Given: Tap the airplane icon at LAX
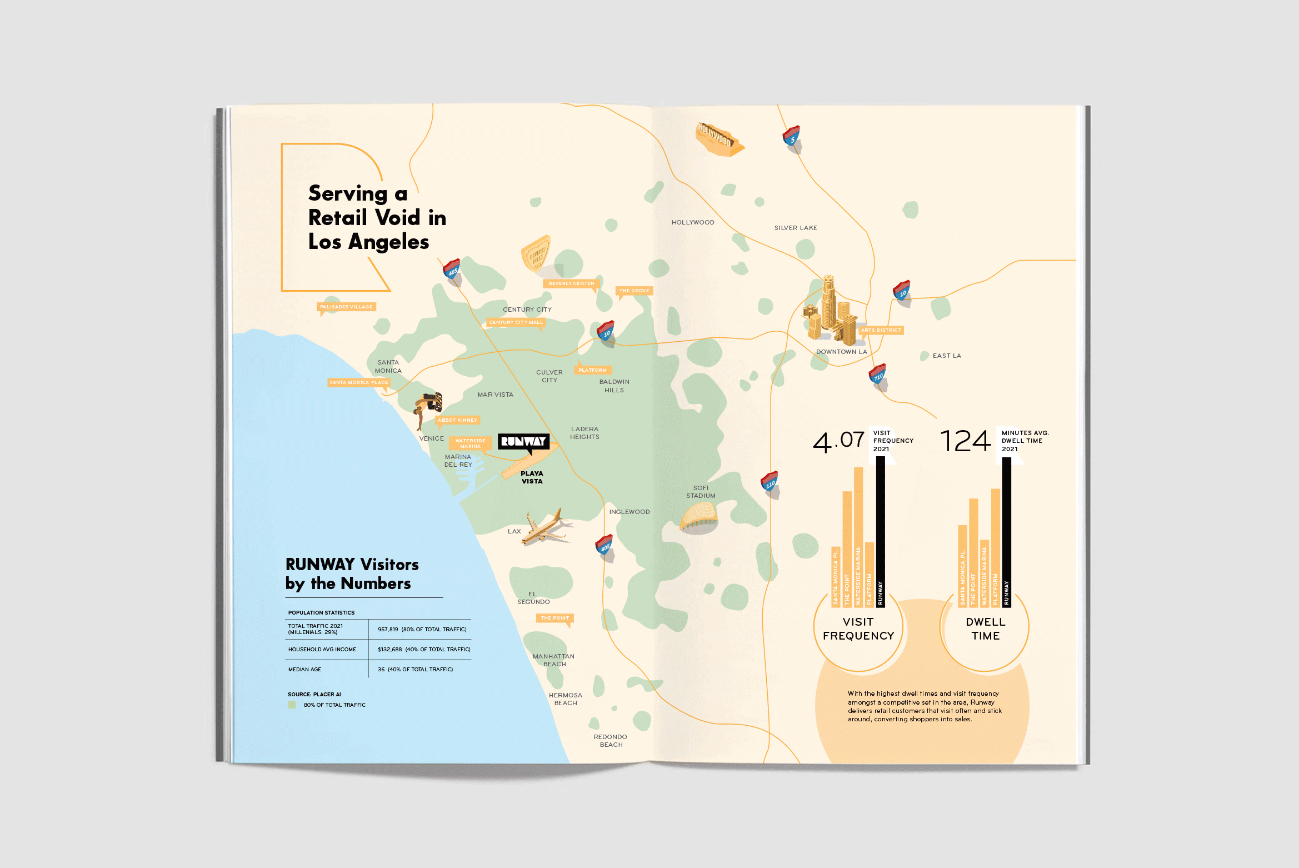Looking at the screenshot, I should point(546,527).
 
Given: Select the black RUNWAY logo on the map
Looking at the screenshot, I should point(523,442).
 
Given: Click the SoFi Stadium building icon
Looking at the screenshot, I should point(700,517).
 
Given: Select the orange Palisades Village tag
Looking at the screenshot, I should point(347,307).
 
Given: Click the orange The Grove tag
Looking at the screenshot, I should point(634,291).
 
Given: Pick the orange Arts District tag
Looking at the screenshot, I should point(881,330).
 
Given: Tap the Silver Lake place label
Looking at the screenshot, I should point(796,228).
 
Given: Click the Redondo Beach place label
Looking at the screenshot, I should point(610,741).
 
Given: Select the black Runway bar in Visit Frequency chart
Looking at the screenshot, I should point(880,531).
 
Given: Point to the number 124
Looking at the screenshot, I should point(966,442).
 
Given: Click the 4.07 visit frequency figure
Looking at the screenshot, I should point(838,442).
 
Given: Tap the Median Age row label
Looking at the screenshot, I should point(305,670).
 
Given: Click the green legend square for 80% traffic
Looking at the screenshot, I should point(292,705).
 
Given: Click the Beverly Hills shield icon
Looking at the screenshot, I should point(536,253).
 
